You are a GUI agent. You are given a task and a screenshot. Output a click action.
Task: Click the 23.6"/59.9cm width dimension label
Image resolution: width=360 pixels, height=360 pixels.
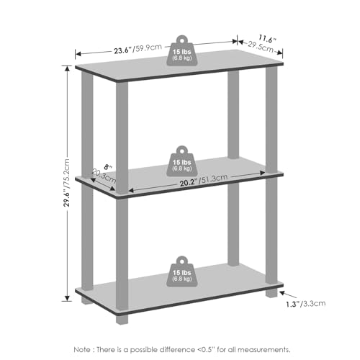[138, 49]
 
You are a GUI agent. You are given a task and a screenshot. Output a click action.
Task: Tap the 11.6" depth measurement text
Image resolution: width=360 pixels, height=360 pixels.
[268, 39]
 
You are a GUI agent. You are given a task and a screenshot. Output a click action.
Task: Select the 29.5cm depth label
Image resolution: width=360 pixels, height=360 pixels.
[261, 47]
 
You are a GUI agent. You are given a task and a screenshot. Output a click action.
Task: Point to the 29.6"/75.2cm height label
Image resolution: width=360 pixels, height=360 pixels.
[66, 182]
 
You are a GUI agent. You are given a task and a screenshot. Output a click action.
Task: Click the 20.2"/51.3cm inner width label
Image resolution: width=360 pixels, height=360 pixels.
[204, 180]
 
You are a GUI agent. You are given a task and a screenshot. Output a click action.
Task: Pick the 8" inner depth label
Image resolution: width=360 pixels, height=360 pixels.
[107, 167]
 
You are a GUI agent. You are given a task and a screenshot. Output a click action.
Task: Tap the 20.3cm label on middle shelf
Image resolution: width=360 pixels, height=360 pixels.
[104, 176]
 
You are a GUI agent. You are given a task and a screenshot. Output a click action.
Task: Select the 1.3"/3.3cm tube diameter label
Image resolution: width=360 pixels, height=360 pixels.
[306, 304]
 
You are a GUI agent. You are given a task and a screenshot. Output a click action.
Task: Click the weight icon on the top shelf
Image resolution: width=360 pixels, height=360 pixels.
[182, 50]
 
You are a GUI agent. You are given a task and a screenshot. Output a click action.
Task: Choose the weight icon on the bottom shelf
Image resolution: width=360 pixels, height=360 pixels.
[182, 271]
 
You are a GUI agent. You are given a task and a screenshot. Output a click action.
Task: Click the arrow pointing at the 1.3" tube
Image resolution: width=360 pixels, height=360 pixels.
[288, 295]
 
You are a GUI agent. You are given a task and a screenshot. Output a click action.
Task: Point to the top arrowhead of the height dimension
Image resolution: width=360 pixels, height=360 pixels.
[67, 68]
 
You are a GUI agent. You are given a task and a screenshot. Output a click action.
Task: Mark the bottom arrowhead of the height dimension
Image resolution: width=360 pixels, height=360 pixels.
[67, 298]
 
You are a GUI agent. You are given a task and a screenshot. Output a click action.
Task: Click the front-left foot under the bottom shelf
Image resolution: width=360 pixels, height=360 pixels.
[122, 319]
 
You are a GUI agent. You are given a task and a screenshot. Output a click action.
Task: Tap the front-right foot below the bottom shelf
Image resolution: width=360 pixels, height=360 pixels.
[271, 293]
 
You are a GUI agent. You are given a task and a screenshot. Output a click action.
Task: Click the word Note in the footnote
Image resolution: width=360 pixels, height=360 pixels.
[82, 349]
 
